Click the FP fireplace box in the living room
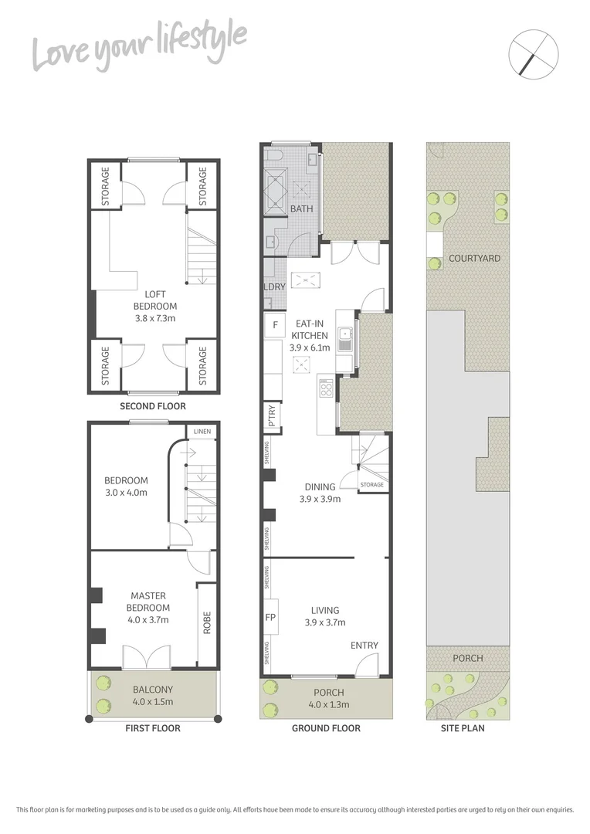[271, 617]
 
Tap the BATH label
[300, 209]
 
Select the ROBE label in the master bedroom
[206, 623]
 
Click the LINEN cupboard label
[202, 431]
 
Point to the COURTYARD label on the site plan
[474, 259]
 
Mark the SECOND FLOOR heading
[153, 406]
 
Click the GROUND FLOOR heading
[325, 728]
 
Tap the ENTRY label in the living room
[365, 646]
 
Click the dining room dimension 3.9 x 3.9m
[320, 499]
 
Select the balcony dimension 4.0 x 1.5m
[152, 702]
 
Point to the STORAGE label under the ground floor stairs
[371, 485]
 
